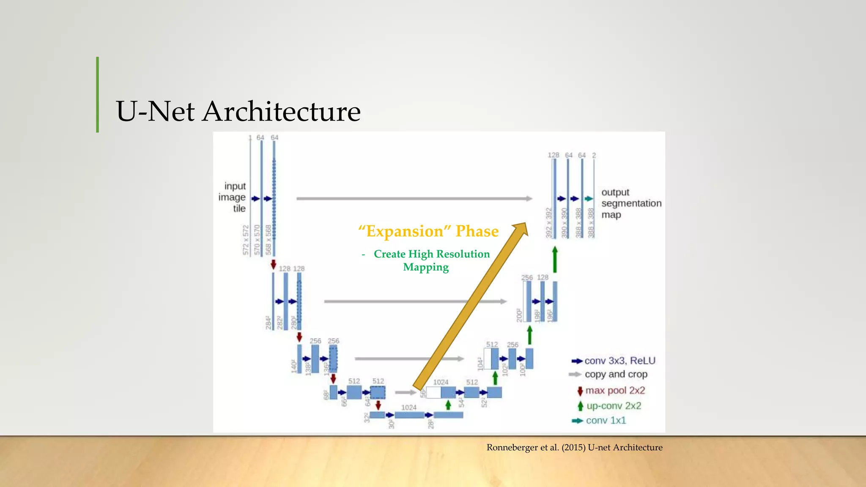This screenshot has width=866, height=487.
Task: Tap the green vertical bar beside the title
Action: tap(98, 95)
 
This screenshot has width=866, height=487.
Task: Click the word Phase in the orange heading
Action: tap(477, 231)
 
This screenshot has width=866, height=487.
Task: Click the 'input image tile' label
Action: tap(233, 197)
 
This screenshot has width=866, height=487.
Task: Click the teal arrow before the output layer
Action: tap(589, 199)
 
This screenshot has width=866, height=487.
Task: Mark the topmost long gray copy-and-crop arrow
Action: tap(414, 198)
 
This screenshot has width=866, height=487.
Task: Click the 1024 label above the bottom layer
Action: tap(408, 408)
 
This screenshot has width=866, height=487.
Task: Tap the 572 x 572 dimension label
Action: tap(246, 240)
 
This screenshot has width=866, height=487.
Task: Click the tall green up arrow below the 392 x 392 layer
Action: tap(555, 260)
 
